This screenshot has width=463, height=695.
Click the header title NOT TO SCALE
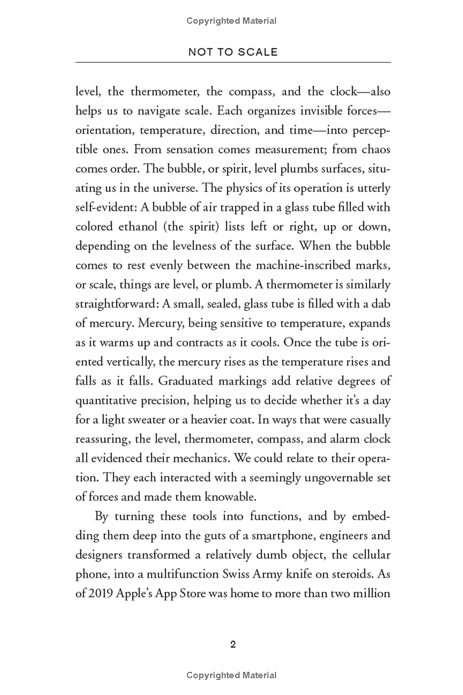pyautogui.click(x=233, y=52)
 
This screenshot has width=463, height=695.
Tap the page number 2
pyautogui.click(x=233, y=645)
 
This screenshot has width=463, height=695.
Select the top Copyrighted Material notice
pyautogui.click(x=231, y=21)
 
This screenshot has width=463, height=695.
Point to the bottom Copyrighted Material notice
pyautogui.click(x=231, y=675)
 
